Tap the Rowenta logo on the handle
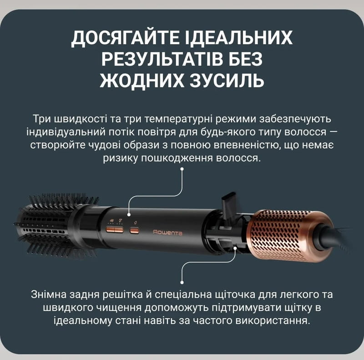pyautogui.click(x=167, y=232)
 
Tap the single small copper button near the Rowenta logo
pyautogui.click(x=135, y=230)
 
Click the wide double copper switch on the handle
pyautogui.click(x=115, y=230)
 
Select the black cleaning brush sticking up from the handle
pyautogui.click(x=231, y=204)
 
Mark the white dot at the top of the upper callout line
pyautogui.click(x=182, y=169)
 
